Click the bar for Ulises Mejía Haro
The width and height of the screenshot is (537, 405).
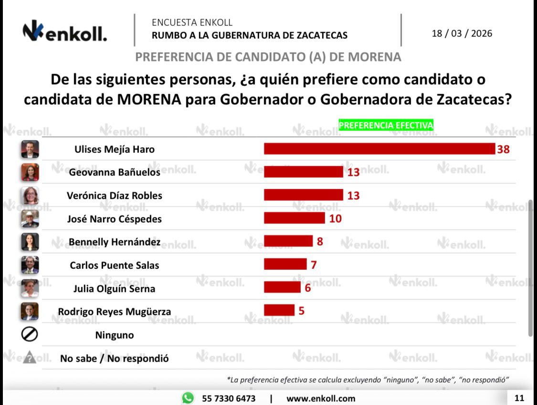pyautogui.click(x=379, y=149)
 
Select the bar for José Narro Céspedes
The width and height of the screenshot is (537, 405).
pyautogui.click(x=295, y=219)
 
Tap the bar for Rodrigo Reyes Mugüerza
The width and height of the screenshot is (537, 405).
pyautogui.click(x=279, y=310)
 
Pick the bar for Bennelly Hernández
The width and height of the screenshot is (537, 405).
pyautogui.click(x=288, y=241)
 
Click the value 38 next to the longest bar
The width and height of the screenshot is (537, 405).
pyautogui.click(x=503, y=149)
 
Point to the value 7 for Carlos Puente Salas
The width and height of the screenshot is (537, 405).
pyautogui.click(x=314, y=265)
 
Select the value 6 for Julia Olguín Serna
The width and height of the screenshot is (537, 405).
pyautogui.click(x=307, y=288)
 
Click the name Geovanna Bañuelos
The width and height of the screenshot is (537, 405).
pyautogui.click(x=115, y=172)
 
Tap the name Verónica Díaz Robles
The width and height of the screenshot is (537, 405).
pyautogui.click(x=115, y=195)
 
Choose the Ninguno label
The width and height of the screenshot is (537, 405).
pyautogui.click(x=115, y=335)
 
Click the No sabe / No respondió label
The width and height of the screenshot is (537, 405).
pyautogui.click(x=115, y=358)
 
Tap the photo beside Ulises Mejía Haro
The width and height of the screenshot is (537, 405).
pyautogui.click(x=30, y=149)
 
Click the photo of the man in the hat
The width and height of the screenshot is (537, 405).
pyautogui.click(x=30, y=219)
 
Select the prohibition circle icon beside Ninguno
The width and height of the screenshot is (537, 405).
pyautogui.click(x=30, y=335)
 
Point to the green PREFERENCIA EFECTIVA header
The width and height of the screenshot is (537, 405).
pyautogui.click(x=386, y=125)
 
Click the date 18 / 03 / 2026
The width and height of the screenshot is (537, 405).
pyautogui.click(x=462, y=34)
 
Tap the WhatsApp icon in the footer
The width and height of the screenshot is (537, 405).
pyautogui.click(x=188, y=398)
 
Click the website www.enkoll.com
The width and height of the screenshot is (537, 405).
pyautogui.click(x=320, y=398)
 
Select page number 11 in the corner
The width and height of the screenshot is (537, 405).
pyautogui.click(x=519, y=398)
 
